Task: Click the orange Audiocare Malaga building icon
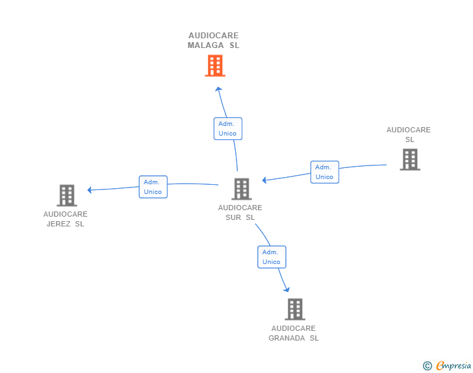click(215, 66)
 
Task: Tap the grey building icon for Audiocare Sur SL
click(241, 189)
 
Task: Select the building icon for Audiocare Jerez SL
click(66, 195)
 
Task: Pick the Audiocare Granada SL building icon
click(294, 309)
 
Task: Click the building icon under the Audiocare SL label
click(409, 160)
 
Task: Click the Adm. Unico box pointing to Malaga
click(227, 128)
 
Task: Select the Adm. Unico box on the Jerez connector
click(153, 187)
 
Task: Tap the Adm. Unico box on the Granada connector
click(272, 257)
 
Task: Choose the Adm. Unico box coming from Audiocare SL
click(324, 172)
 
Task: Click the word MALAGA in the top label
click(205, 45)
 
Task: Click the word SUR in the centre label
click(233, 217)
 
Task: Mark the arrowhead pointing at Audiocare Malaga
click(218, 89)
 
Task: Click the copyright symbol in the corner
click(427, 366)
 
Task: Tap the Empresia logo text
click(454, 366)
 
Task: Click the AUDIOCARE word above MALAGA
click(214, 36)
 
